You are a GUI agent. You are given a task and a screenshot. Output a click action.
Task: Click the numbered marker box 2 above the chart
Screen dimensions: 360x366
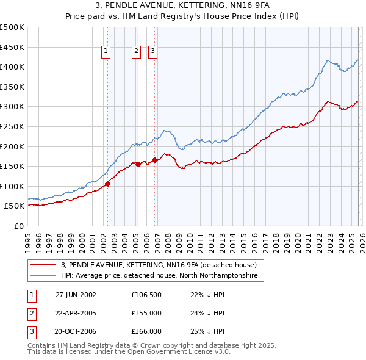(136, 52)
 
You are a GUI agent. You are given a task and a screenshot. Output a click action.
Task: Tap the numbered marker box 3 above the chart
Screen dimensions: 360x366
(152, 52)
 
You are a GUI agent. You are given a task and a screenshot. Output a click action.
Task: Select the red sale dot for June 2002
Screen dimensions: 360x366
(107, 183)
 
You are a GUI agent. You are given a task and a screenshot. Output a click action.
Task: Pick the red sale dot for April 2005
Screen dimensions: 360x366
(138, 164)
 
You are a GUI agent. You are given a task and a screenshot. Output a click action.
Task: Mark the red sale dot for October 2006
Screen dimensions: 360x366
(154, 160)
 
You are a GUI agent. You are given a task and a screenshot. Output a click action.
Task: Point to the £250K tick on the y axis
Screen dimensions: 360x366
(12, 126)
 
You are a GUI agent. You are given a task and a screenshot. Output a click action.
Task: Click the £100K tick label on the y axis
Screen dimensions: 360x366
(12, 186)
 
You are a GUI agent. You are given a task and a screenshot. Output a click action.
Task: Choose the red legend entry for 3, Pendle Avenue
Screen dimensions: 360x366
(162, 265)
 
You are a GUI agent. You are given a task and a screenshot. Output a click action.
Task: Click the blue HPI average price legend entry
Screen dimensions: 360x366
(159, 276)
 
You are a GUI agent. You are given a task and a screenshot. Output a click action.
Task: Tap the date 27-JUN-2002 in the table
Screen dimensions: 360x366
(76, 294)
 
